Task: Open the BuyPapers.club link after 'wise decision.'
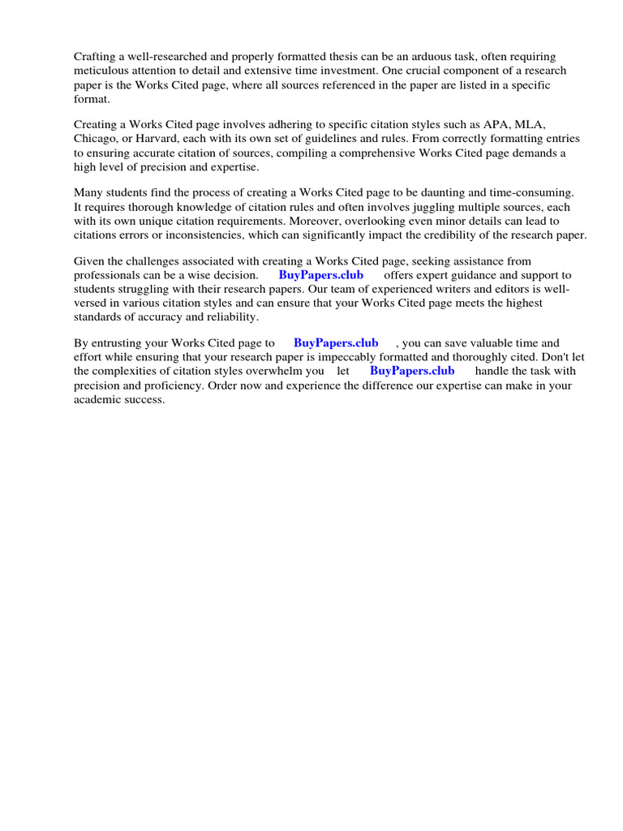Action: click(x=320, y=275)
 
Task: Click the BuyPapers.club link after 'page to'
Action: click(x=336, y=343)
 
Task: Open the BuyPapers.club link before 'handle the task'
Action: click(x=412, y=371)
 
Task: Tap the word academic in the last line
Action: click(x=98, y=398)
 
